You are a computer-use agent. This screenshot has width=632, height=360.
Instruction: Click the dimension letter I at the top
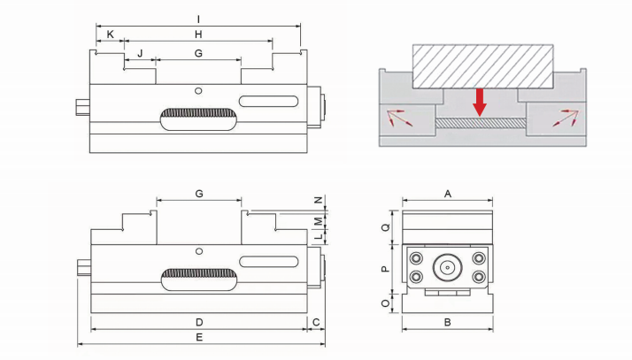pos(198,19)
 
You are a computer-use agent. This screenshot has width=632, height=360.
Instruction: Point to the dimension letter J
pos(139,54)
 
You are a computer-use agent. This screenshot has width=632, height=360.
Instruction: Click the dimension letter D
pos(199,321)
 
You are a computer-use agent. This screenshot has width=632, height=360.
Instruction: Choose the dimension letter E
pos(199,338)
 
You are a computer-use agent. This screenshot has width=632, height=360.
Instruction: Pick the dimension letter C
pos(315,321)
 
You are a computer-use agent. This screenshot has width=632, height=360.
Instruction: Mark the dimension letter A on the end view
pos(448,192)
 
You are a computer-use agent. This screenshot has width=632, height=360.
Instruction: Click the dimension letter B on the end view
pos(448,322)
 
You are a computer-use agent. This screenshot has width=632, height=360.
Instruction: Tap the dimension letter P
pos(386,268)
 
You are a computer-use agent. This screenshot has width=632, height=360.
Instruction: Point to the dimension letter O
pos(386,303)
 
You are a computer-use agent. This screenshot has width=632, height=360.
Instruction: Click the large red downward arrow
pos(479,101)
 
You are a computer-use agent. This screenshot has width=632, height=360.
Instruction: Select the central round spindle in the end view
pos(448,266)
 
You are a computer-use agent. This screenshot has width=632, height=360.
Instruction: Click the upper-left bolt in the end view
pos(417,257)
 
